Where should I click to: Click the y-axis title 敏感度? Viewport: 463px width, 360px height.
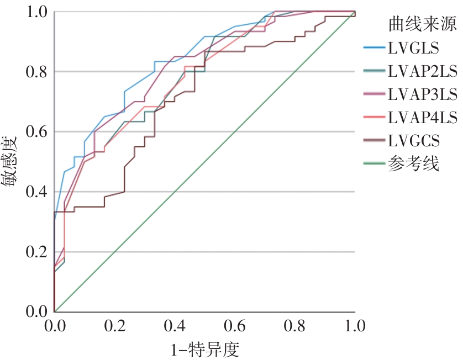point(15,161)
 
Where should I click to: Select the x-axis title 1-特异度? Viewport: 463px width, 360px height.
point(204,348)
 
